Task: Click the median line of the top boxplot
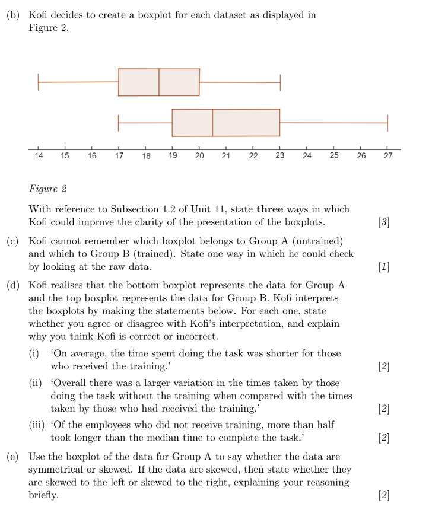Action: coord(159,82)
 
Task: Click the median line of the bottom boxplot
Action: coord(212,123)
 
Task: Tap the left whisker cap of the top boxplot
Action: coord(38,82)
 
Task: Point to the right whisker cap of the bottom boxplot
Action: coord(387,123)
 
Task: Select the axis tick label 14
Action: coord(39,156)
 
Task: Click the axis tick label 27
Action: coord(387,156)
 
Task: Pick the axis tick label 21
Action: coord(226,156)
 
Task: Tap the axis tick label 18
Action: coord(146,156)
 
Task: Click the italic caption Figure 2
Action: coord(47,189)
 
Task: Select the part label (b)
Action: coord(13,15)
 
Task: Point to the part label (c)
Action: coord(13,241)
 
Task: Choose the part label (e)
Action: coord(13,457)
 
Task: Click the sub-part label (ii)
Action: coord(37,383)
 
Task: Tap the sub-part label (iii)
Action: coord(39,425)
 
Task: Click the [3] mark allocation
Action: coord(383,222)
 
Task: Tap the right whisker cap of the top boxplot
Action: coord(280,82)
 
